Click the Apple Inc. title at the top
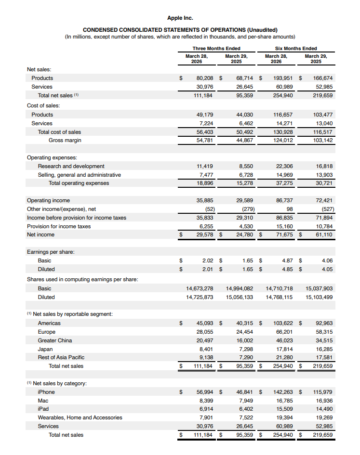(x=180, y=18)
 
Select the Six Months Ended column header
(x=295, y=48)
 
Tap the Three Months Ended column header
(x=216, y=48)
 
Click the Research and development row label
(x=71, y=166)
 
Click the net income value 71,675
(x=283, y=234)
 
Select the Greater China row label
(x=55, y=340)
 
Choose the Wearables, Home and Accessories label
(x=80, y=417)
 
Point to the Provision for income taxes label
(x=59, y=226)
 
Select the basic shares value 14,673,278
(x=200, y=288)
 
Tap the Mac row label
(x=43, y=401)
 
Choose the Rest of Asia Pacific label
(x=61, y=357)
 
